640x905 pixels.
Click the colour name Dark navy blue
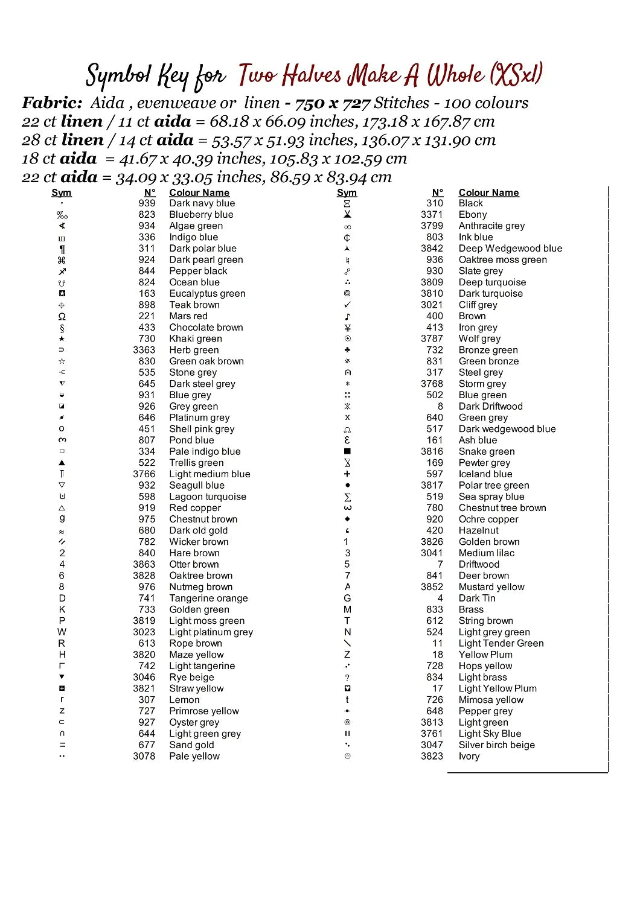tap(202, 203)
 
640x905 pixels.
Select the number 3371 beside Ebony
tap(432, 215)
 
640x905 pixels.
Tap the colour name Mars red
tap(188, 316)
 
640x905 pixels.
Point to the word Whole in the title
tap(455, 75)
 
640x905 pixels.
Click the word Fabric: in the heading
tap(52, 103)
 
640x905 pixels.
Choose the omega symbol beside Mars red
tap(62, 317)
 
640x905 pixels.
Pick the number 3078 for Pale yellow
tap(144, 757)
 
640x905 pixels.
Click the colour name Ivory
tap(469, 757)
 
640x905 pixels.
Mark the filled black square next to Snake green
tap(347, 451)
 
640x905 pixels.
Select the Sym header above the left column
tap(62, 193)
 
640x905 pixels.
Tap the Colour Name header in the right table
tap(488, 193)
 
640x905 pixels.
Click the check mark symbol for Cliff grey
tap(347, 305)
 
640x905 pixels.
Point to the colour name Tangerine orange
tap(208, 599)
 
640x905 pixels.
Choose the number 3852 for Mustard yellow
tap(432, 587)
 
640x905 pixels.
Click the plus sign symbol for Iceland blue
tap(347, 474)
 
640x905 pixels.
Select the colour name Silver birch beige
tap(496, 745)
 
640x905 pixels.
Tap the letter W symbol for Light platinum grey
tap(62, 632)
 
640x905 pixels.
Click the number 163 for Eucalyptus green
tap(147, 294)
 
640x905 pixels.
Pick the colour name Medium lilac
tap(486, 553)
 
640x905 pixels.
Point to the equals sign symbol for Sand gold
tap(62, 745)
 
